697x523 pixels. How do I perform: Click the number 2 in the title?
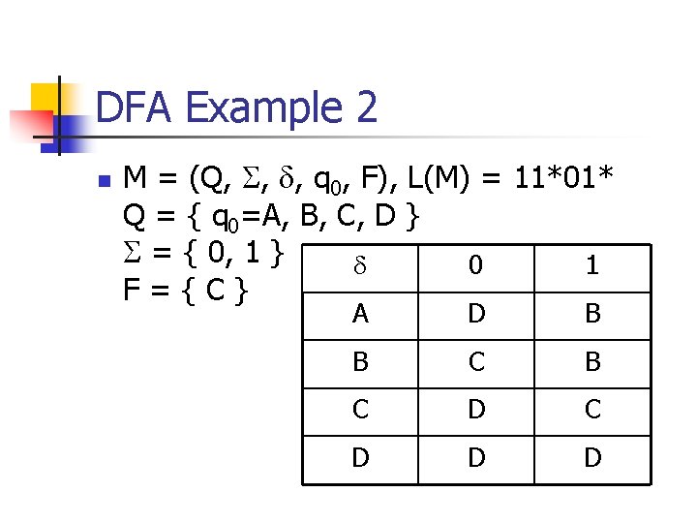[365, 107]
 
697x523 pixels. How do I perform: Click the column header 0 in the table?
[475, 265]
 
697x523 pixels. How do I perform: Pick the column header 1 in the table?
[592, 265]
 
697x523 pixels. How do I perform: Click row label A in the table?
[359, 314]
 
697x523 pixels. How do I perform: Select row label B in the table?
[359, 362]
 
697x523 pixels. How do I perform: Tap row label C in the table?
[359, 410]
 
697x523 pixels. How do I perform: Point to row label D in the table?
[359, 457]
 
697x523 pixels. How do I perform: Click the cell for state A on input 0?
[475, 314]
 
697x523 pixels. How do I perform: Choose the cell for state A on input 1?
[592, 314]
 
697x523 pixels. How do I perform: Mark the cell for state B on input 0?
[475, 362]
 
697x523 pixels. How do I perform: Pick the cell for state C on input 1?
[592, 410]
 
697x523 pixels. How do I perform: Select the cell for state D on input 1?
[592, 457]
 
